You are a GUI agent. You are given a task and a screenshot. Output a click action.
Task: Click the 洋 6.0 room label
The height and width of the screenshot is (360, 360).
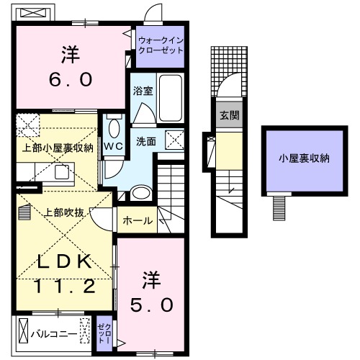(71, 67)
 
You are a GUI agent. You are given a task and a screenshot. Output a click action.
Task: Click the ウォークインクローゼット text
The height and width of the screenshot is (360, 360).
(160, 47)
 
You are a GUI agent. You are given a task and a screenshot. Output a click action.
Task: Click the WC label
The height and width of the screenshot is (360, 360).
(114, 146)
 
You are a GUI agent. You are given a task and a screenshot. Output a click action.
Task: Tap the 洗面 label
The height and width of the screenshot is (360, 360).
(146, 141)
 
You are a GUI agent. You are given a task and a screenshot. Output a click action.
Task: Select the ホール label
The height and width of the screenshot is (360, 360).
(138, 221)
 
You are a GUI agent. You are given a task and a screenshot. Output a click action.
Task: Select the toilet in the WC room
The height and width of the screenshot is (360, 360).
(114, 130)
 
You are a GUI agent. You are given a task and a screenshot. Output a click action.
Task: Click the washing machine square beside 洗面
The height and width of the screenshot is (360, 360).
(175, 140)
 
